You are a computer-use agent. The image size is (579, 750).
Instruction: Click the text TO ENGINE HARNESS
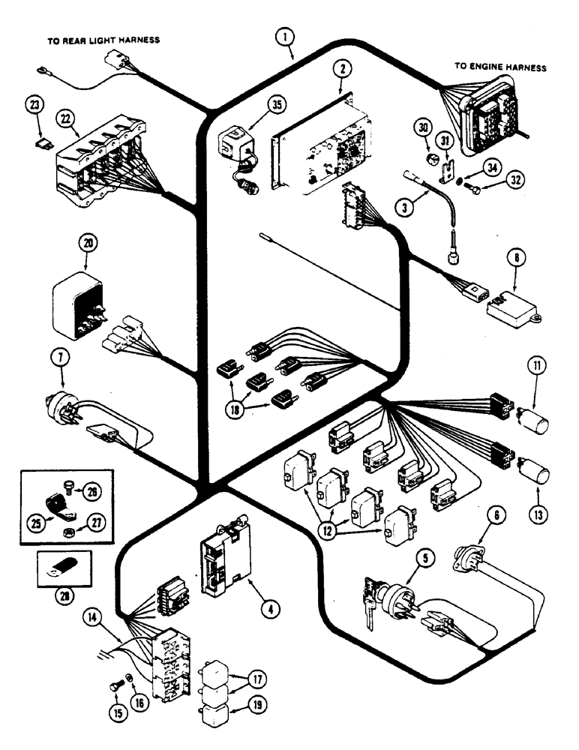click(x=499, y=67)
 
